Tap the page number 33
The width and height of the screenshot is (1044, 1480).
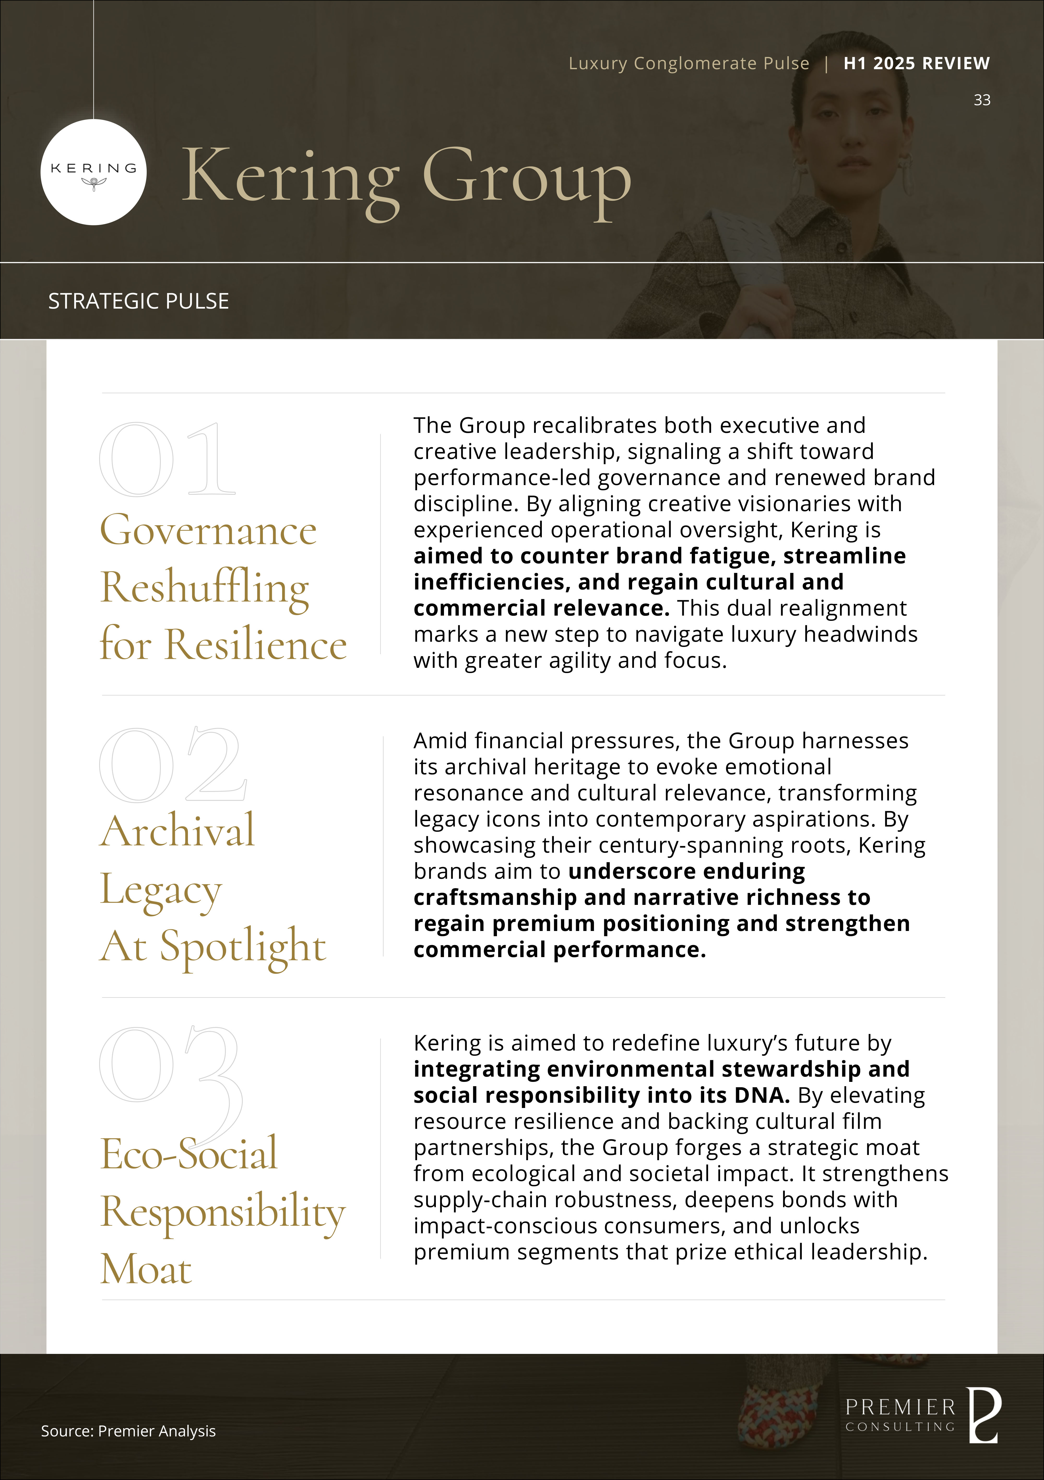pyautogui.click(x=981, y=100)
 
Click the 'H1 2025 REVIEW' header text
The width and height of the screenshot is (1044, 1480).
pyautogui.click(x=916, y=63)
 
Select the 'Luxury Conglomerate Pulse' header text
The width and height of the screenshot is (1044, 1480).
pyautogui.click(x=688, y=63)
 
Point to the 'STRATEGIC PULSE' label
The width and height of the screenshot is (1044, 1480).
pyautogui.click(x=139, y=301)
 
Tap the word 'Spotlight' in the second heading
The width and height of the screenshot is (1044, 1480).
pyautogui.click(x=243, y=946)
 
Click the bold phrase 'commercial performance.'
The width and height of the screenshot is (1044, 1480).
pyautogui.click(x=559, y=950)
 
